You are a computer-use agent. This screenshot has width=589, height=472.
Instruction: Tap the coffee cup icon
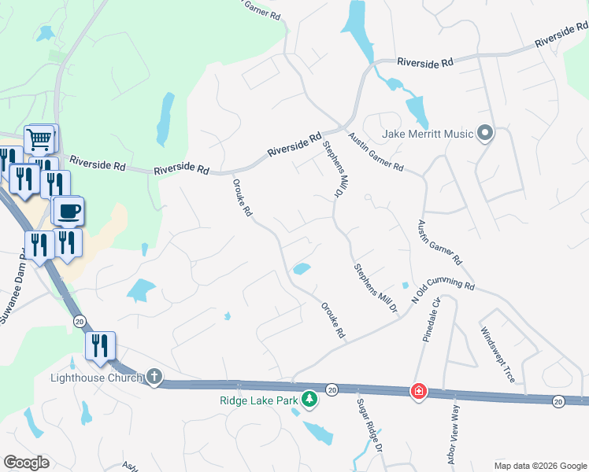[68, 212]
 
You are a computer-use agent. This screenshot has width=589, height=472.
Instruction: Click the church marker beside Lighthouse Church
[154, 378]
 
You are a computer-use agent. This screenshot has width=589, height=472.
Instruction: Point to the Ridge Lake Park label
[259, 399]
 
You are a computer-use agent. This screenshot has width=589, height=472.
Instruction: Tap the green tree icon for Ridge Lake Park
[310, 399]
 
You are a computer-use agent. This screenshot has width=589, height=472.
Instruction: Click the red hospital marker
[418, 391]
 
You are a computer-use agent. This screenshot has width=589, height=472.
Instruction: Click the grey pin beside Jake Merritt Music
[485, 133]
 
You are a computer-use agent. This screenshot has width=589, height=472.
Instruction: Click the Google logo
[26, 463]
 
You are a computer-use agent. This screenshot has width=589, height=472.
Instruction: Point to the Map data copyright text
[540, 466]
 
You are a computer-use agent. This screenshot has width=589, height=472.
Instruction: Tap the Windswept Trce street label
[498, 356]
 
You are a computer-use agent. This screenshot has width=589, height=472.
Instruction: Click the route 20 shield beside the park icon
[332, 389]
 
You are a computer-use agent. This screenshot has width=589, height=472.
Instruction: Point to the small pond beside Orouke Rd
[301, 269]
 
